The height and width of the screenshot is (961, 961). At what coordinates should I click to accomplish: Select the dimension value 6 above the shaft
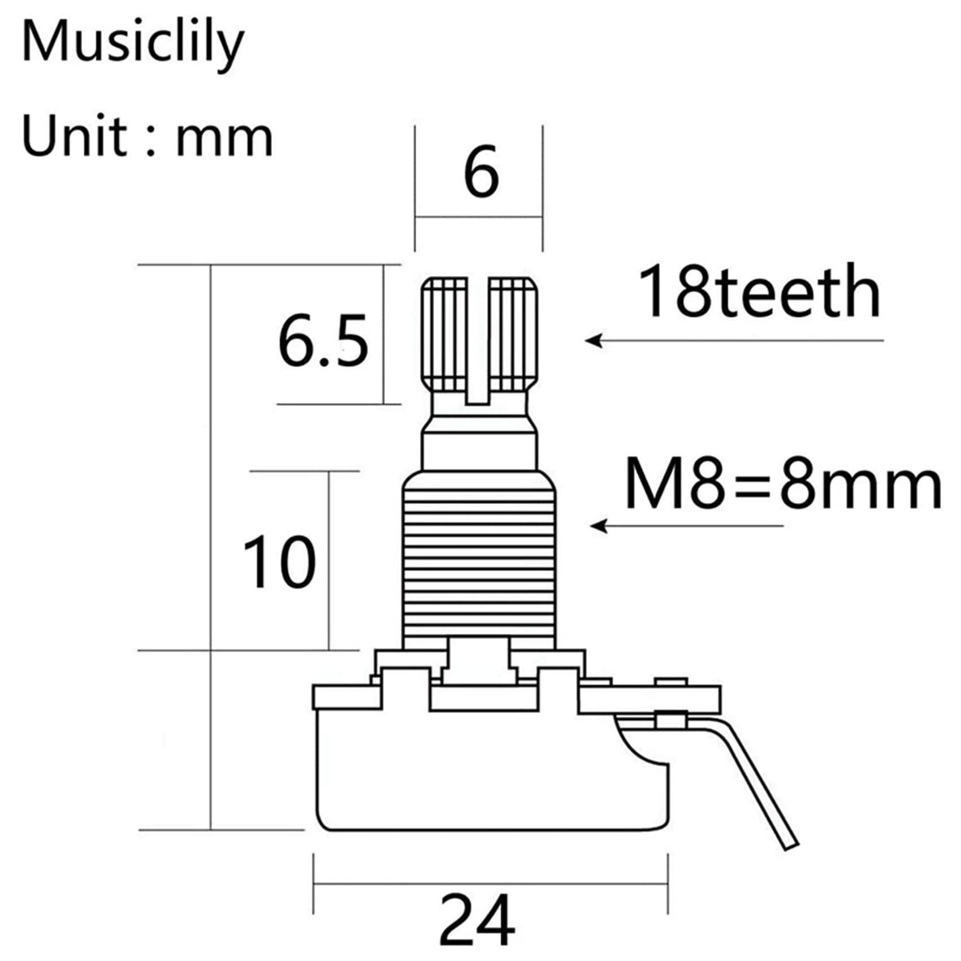(x=480, y=172)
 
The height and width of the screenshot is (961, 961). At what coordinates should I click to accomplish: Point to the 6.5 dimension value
(x=322, y=341)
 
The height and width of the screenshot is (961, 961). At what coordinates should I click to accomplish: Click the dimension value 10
(x=279, y=561)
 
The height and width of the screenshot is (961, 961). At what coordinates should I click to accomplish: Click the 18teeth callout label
(x=759, y=292)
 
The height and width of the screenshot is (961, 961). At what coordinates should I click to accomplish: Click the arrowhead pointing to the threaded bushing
(x=597, y=526)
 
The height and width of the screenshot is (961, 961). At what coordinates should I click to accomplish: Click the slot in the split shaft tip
(x=478, y=339)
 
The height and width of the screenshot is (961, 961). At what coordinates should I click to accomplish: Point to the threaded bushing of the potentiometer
(x=479, y=560)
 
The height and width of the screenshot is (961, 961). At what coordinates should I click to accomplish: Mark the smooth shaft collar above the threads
(x=479, y=450)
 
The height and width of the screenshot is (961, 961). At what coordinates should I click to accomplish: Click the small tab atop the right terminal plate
(x=670, y=682)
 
